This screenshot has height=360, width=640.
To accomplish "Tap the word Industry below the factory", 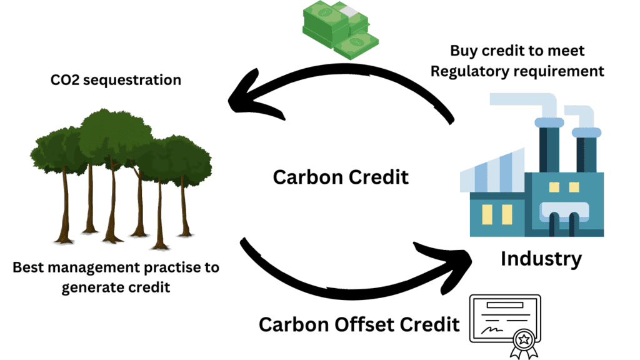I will point(541,258).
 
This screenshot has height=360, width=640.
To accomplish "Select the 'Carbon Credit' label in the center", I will point(341,177).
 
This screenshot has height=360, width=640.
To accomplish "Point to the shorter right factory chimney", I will point(588,150).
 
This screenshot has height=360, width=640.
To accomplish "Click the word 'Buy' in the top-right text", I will point(463,51).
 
